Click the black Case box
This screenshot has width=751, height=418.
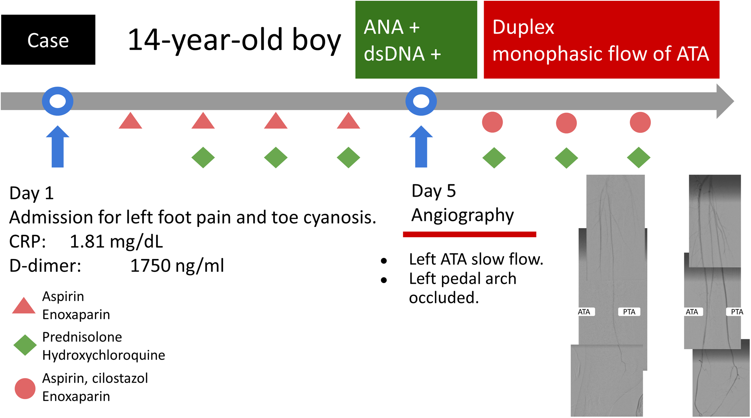[48, 40]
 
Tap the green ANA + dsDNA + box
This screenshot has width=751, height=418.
[416, 40]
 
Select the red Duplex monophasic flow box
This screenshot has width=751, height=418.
[601, 40]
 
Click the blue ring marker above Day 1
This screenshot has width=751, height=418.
[58, 101]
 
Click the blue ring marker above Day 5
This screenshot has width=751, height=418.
[421, 101]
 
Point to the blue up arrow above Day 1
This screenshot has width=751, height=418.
[58, 147]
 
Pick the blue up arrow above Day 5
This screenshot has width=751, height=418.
[421, 147]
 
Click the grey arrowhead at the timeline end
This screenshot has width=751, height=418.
[725, 101]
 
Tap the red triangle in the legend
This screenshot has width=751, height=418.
[24, 306]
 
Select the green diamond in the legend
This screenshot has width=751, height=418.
[25, 345]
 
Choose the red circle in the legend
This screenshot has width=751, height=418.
[25, 388]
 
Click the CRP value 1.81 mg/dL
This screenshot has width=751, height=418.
[116, 242]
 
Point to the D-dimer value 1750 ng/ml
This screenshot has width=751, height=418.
[177, 266]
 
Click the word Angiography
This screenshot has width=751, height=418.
[462, 216]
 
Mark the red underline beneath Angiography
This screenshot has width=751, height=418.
[469, 234]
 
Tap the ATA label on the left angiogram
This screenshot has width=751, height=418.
[584, 312]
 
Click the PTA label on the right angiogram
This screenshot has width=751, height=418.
[736, 312]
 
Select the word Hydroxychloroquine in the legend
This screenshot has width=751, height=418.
[104, 355]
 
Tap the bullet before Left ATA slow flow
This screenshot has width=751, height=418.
[384, 261]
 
